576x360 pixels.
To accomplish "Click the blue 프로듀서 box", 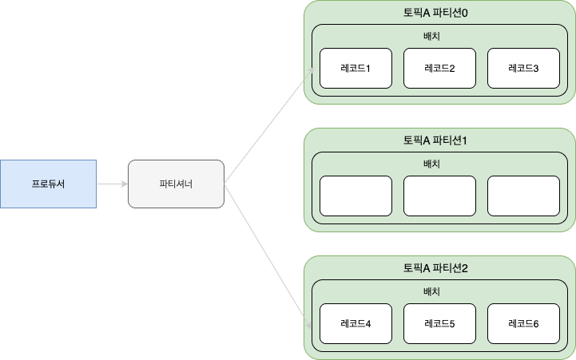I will (x=48, y=184).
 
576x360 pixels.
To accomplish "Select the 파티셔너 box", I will (x=177, y=184).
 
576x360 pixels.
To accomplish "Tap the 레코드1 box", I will (x=356, y=68).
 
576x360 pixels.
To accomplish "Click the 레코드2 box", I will (x=439, y=68).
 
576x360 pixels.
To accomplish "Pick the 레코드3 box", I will (x=523, y=68).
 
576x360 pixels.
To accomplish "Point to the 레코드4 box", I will (x=356, y=324).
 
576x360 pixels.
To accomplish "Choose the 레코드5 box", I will (x=439, y=324).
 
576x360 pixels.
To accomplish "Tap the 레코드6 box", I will (x=523, y=324).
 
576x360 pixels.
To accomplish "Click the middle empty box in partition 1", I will (x=439, y=196).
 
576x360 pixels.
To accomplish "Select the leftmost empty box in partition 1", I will (x=356, y=196).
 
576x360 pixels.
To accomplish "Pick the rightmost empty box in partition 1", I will (x=523, y=196).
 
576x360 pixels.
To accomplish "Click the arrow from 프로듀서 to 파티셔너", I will (x=112, y=184).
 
